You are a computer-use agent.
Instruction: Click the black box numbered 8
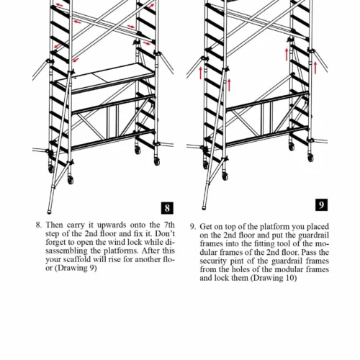pyautogui.click(x=167, y=208)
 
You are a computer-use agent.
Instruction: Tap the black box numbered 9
pyautogui.click(x=321, y=205)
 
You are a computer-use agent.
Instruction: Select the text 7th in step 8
pyautogui.click(x=169, y=225)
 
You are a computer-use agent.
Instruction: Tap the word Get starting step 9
pyautogui.click(x=206, y=227)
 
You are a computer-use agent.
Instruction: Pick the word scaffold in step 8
pyautogui.click(x=76, y=259)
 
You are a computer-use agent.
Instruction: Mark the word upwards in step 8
pyautogui.click(x=112, y=225)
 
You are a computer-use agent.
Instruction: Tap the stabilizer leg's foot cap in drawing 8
pyautogui.click(x=50, y=212)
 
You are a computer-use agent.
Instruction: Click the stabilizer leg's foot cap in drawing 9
pyautogui.click(x=204, y=207)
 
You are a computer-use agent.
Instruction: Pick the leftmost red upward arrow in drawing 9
pyautogui.click(x=201, y=73)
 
